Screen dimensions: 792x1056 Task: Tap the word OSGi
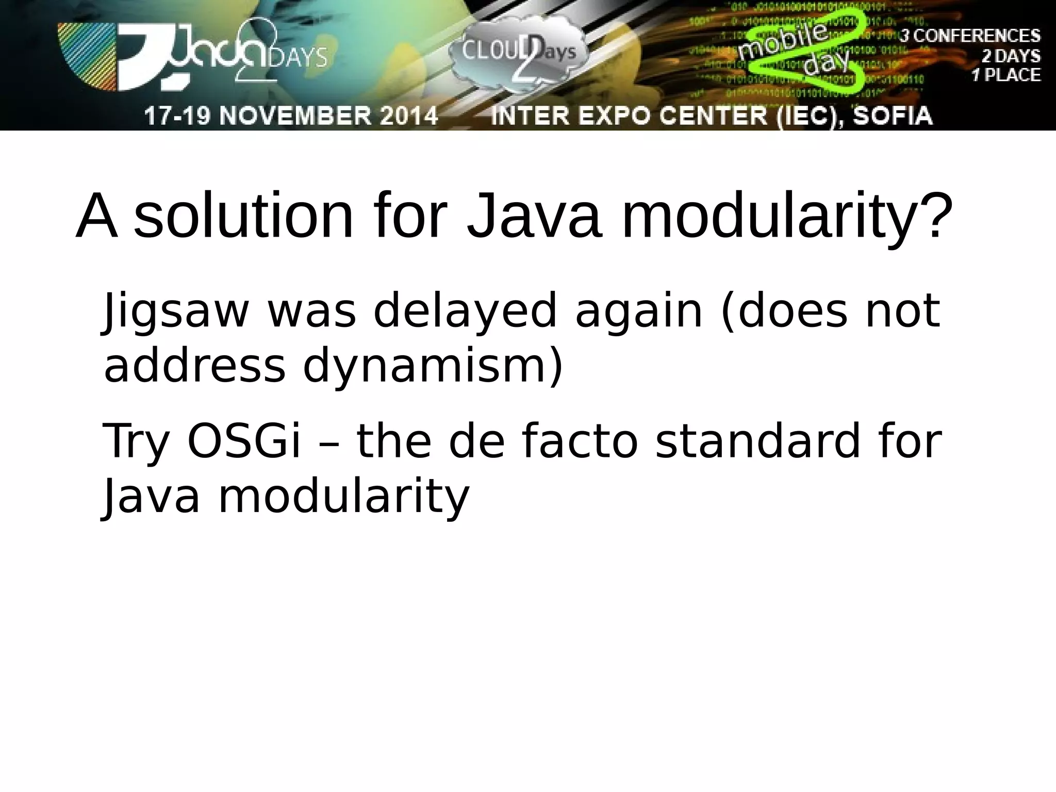click(x=243, y=441)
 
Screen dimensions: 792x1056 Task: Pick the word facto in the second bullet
click(x=580, y=441)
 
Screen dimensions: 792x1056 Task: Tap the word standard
click(x=758, y=441)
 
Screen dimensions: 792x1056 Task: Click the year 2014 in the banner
click(x=407, y=115)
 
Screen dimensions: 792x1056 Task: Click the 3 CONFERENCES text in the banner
click(x=970, y=36)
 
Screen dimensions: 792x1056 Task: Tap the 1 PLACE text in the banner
click(x=1006, y=75)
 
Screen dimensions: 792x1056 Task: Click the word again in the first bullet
click(x=639, y=311)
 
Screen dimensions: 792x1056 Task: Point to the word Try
click(x=136, y=441)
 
